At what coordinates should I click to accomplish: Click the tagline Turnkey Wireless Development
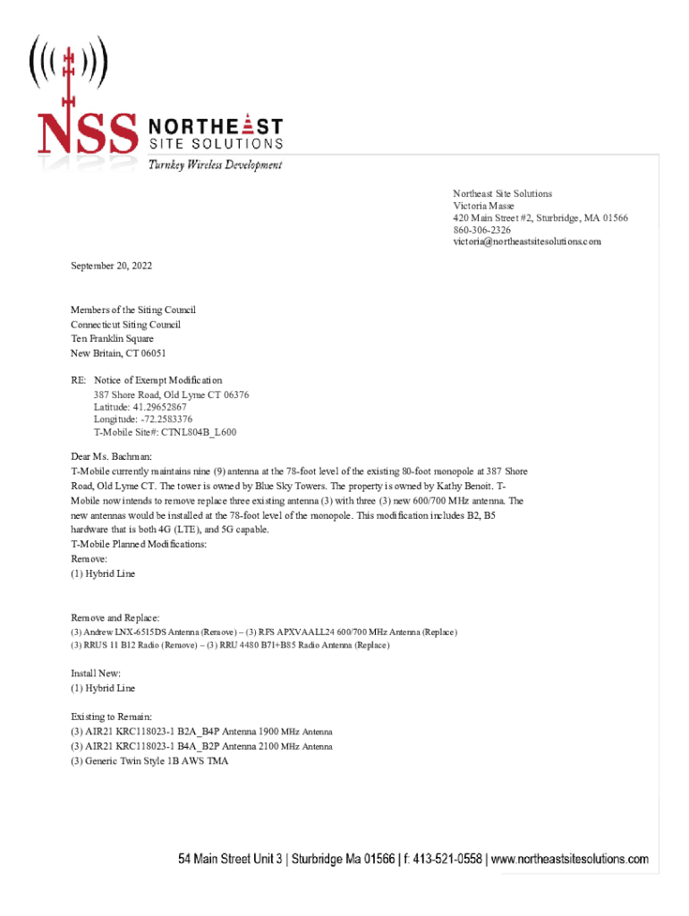pos(215,165)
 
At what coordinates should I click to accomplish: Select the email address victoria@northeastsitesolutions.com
pos(526,242)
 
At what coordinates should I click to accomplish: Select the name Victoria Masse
pos(483,206)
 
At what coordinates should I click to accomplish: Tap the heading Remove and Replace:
pos(115,618)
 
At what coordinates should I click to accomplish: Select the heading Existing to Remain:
pos(112,717)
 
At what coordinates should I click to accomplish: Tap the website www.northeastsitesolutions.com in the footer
pos(569,860)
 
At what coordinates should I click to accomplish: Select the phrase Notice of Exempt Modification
pos(157,380)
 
